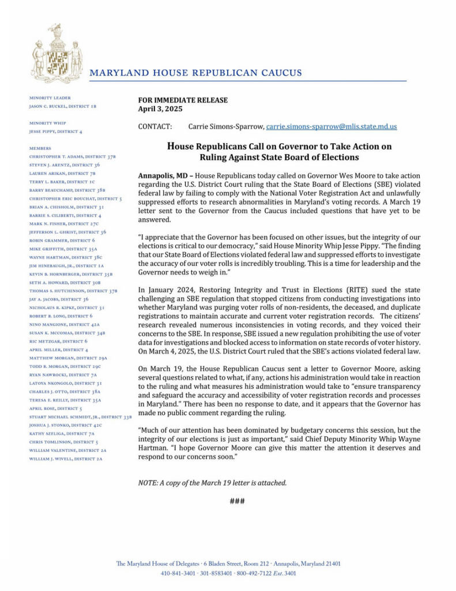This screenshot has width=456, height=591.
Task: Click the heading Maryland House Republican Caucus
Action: pos(195,73)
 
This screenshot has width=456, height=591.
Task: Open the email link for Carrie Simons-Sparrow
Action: pos(331,126)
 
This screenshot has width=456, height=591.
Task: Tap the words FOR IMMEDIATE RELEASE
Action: pos(183,100)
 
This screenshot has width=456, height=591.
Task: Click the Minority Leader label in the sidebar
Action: pos(50,98)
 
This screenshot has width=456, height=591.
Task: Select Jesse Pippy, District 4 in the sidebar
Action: pos(55,132)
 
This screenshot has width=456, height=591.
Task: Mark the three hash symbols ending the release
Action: pos(237,501)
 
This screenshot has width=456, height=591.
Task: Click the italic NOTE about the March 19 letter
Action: pos(212,482)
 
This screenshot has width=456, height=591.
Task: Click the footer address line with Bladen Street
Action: pos(228,563)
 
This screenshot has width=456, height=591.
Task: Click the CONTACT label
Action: pos(155,126)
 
